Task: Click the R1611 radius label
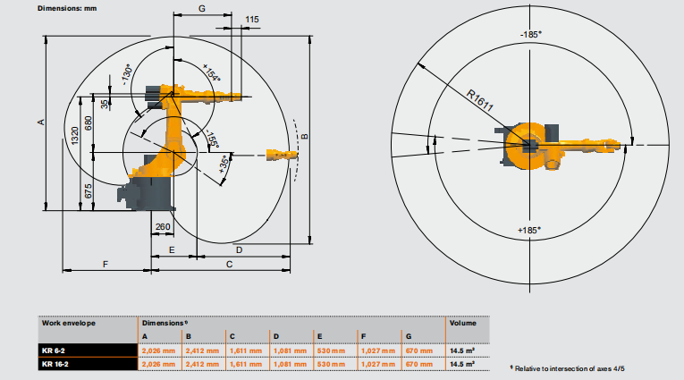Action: (x=480, y=100)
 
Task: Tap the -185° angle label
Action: (x=530, y=35)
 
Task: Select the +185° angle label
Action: (x=529, y=230)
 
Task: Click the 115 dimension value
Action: (x=252, y=19)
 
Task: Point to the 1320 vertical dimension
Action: (x=74, y=136)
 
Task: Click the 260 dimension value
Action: (x=163, y=226)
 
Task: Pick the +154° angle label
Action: (x=212, y=72)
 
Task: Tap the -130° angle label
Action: (x=126, y=74)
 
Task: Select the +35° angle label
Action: (x=224, y=165)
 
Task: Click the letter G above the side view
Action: (x=201, y=8)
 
